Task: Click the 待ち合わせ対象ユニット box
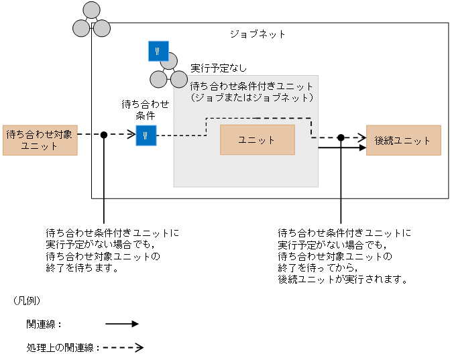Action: (x=40, y=139)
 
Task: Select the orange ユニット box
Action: (x=257, y=139)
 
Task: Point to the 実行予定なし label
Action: (x=219, y=68)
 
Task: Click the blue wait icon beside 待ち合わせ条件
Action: (x=146, y=135)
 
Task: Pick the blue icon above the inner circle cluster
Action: (x=158, y=51)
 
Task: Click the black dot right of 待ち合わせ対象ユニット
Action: (x=104, y=135)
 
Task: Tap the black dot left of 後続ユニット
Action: (x=341, y=137)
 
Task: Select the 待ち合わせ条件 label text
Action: (x=146, y=109)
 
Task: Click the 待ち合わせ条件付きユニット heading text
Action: (x=252, y=86)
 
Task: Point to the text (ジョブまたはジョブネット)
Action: (x=252, y=97)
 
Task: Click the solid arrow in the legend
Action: (x=121, y=324)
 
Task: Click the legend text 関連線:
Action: (x=44, y=324)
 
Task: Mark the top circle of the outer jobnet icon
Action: (x=91, y=11)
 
